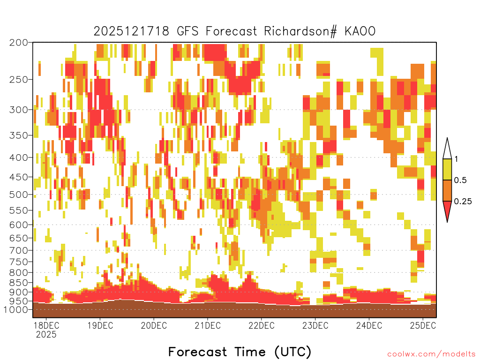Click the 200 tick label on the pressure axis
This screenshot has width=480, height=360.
(x=19, y=43)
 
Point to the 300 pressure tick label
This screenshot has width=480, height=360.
(x=19, y=110)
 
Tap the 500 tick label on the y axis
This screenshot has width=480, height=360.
(x=19, y=195)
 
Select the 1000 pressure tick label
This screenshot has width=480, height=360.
(x=16, y=309)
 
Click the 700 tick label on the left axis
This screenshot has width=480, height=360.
(x=19, y=250)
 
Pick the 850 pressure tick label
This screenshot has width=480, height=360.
(x=19, y=283)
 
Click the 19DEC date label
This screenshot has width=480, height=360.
(x=100, y=325)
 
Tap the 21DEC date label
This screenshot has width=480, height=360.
(x=208, y=325)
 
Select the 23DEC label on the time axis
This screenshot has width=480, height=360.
(x=315, y=325)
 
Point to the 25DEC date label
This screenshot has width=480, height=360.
(x=423, y=325)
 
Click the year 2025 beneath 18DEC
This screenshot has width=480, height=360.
(x=46, y=334)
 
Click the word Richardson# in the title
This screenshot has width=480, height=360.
(x=300, y=31)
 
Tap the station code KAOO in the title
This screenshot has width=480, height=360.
(x=360, y=31)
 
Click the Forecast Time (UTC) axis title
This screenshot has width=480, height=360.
(x=240, y=352)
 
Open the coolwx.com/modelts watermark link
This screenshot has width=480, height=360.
(x=431, y=354)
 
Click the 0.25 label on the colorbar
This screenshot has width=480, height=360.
(x=463, y=202)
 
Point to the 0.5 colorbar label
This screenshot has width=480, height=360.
(x=460, y=180)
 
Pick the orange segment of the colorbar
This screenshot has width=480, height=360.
(x=447, y=190)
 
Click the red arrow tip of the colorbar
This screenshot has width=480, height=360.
(x=447, y=222)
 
